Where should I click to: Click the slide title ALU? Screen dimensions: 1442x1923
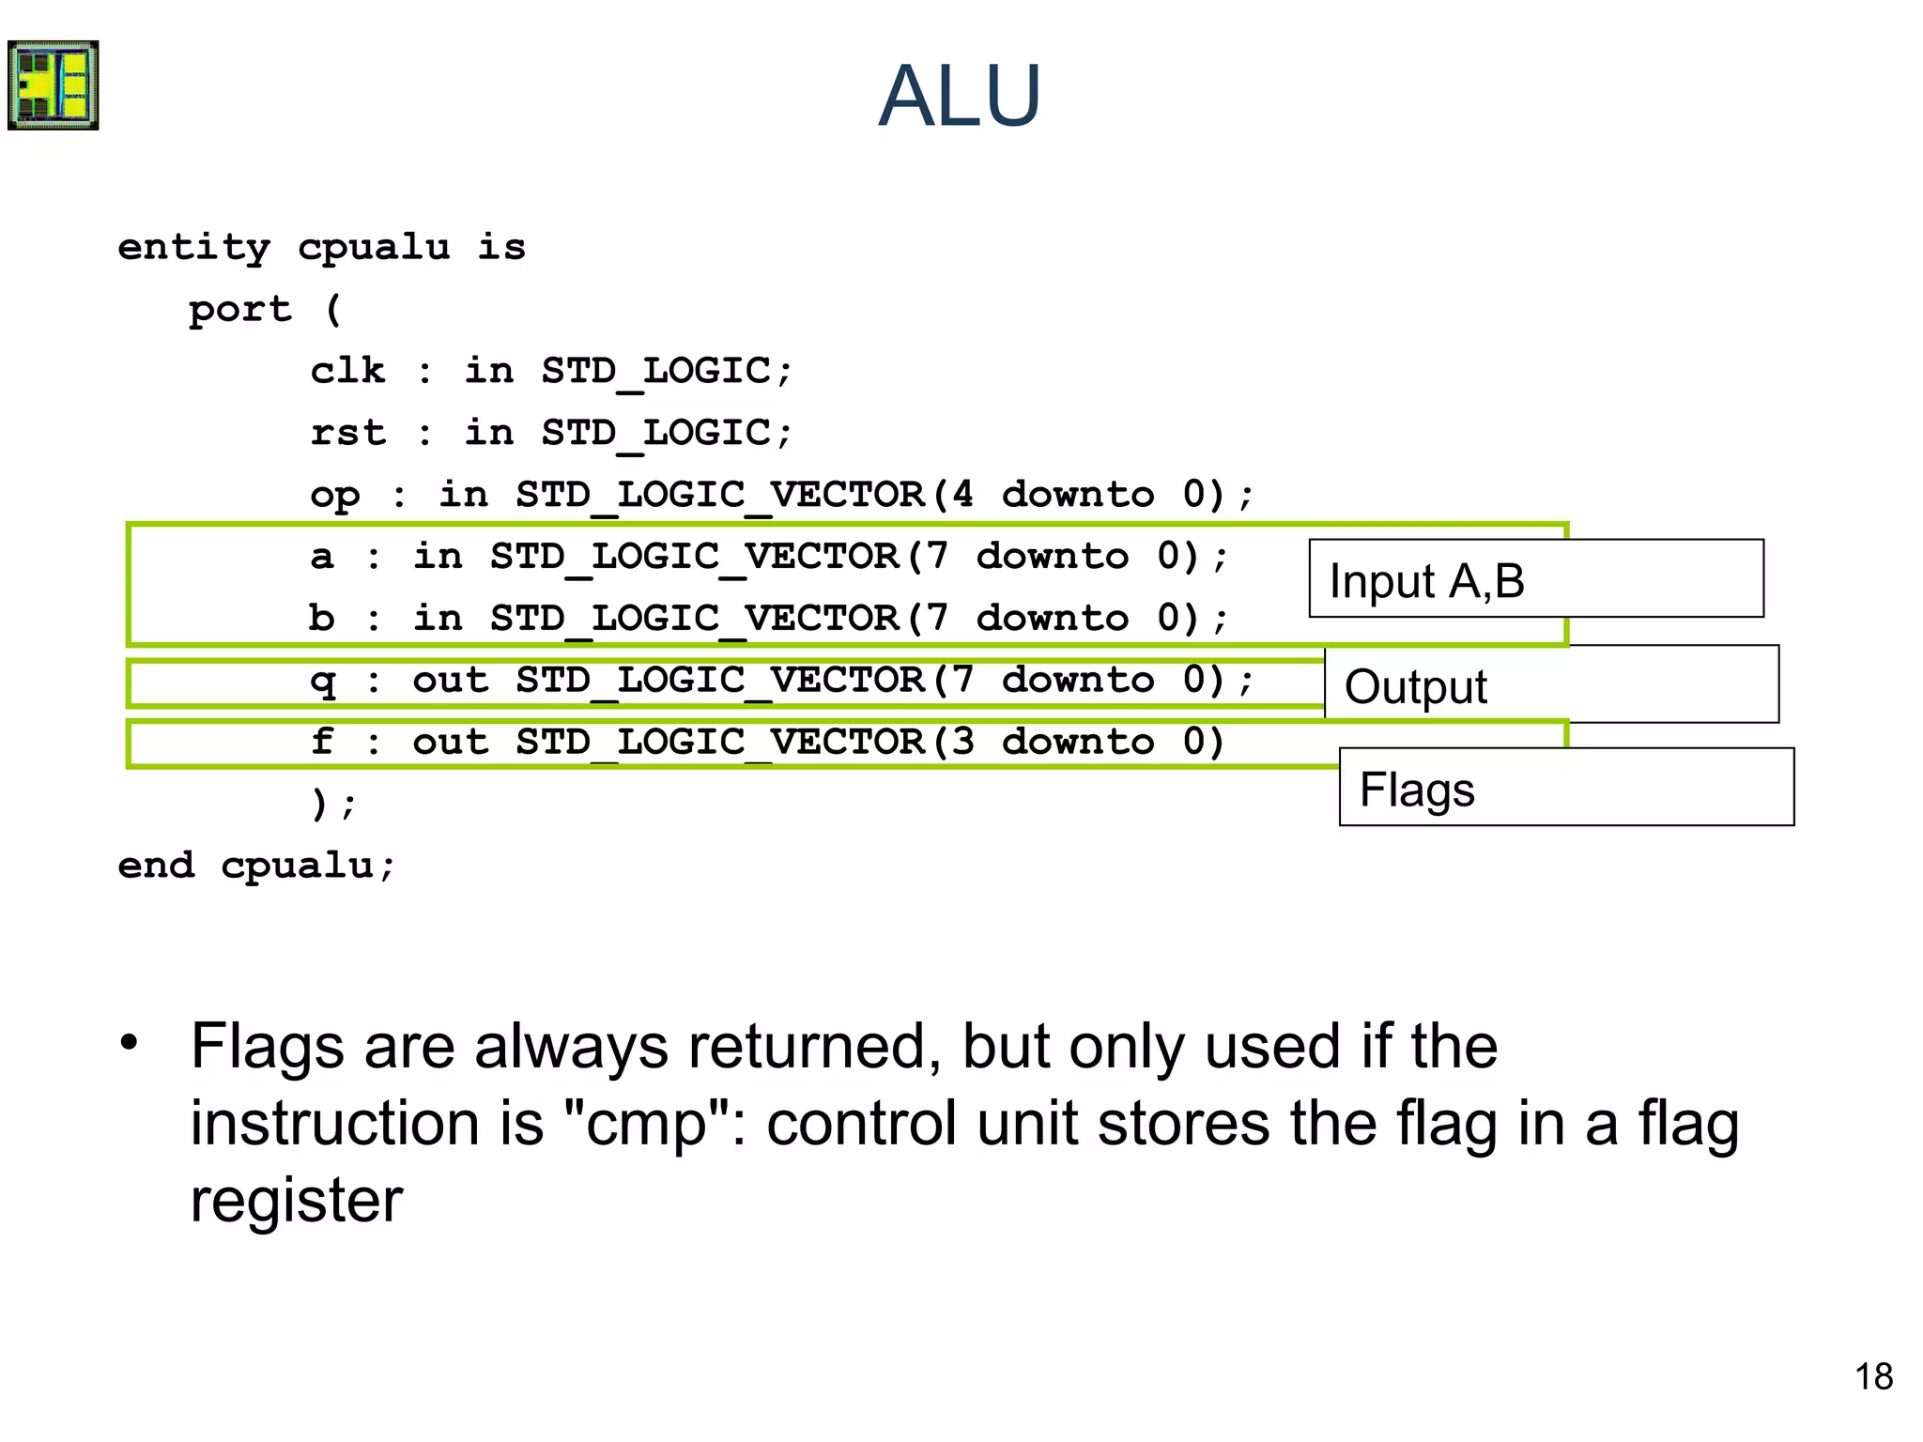point(960,96)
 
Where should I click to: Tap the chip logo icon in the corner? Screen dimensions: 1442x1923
point(54,85)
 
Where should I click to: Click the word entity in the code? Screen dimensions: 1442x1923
point(193,248)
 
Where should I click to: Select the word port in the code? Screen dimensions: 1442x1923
point(240,310)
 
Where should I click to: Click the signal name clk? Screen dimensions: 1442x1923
point(347,371)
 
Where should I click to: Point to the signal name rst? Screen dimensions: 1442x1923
point(347,433)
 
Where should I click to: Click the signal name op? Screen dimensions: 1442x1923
point(334,496)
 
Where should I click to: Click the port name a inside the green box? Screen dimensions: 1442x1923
point(322,557)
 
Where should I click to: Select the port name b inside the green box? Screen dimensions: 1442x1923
point(321,618)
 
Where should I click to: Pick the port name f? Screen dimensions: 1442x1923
point(322,742)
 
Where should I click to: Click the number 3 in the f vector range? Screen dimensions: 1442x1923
point(962,742)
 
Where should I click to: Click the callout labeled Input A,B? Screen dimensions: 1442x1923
point(1536,579)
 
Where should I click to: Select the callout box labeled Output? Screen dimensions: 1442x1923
point(1551,685)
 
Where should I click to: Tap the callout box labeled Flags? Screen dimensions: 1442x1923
point(1566,788)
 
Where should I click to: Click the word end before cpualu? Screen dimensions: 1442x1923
point(156,865)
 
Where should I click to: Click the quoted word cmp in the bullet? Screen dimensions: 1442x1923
point(646,1124)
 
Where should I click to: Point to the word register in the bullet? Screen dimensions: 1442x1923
point(297,1201)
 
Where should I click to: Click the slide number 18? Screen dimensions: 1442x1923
point(1873,1377)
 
